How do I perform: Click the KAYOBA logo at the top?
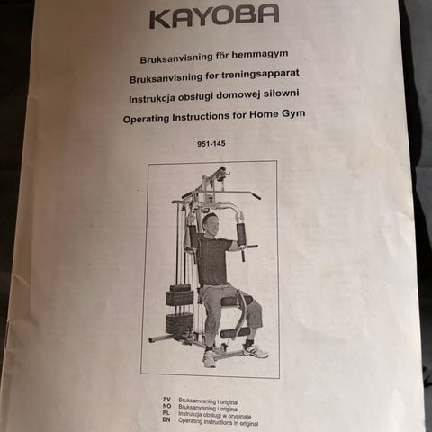tap(214, 16)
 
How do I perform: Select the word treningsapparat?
tap(260, 75)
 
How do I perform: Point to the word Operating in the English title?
tap(147, 119)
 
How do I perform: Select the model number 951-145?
tap(211, 144)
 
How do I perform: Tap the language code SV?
tap(166, 400)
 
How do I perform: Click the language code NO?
tap(167, 406)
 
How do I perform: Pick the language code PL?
tap(166, 413)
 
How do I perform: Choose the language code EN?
tap(166, 420)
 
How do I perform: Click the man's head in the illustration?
tap(209, 223)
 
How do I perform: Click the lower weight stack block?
tap(179, 323)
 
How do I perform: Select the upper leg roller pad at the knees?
tap(236, 301)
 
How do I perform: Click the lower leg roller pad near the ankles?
tap(235, 333)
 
